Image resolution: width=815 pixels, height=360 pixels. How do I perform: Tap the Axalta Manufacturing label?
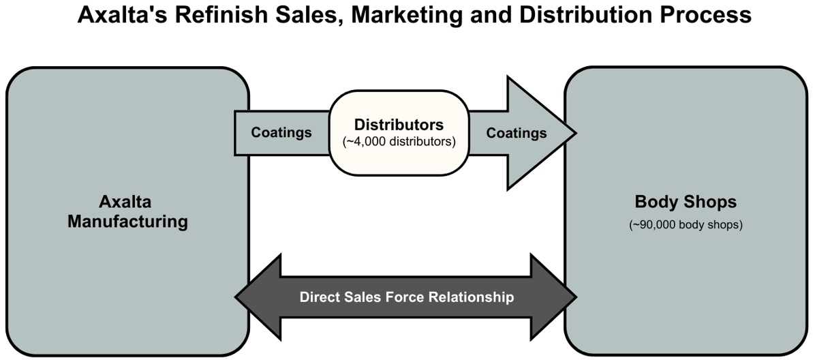point(127,212)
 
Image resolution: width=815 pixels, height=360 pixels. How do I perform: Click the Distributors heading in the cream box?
point(399,125)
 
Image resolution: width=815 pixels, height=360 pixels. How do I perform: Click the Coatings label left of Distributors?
point(281,132)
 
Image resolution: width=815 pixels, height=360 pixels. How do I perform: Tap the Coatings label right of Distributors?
point(516,133)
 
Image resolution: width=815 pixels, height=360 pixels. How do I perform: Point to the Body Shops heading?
point(686,202)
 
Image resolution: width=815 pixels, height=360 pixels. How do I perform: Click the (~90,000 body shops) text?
point(686,225)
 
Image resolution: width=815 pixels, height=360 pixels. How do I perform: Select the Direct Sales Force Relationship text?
point(407,297)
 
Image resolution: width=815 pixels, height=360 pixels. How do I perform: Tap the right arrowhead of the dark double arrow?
point(555,297)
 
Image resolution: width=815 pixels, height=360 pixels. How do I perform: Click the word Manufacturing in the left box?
point(127,222)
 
